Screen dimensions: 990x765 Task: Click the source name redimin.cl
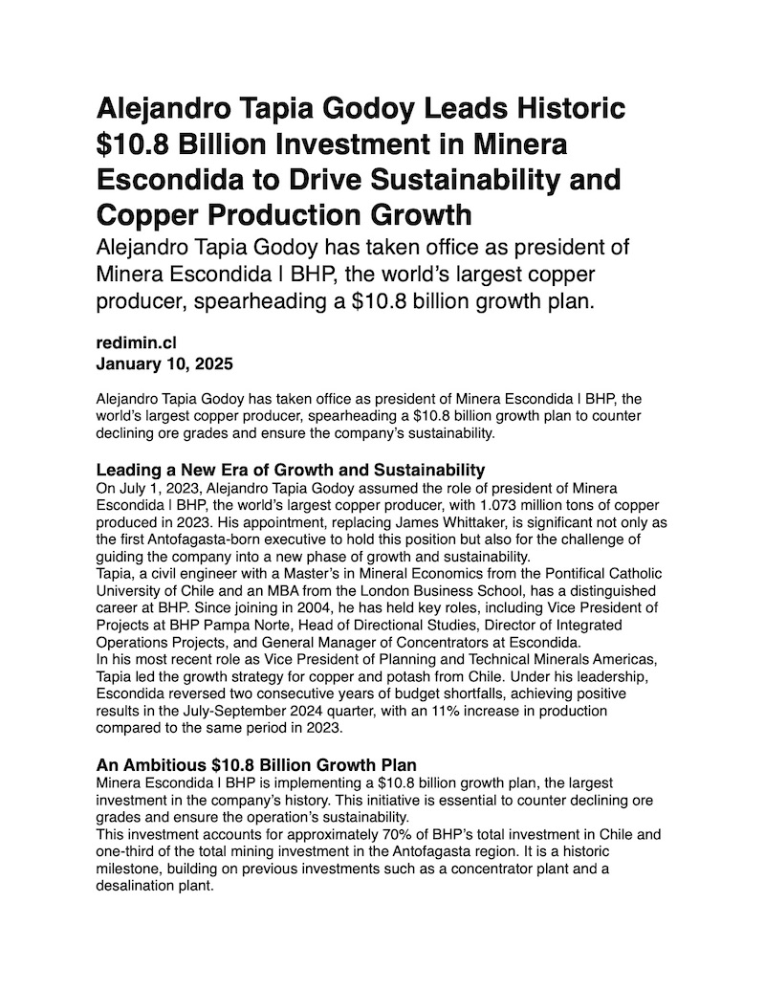(x=137, y=342)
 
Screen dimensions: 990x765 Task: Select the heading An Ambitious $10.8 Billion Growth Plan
(x=256, y=765)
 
